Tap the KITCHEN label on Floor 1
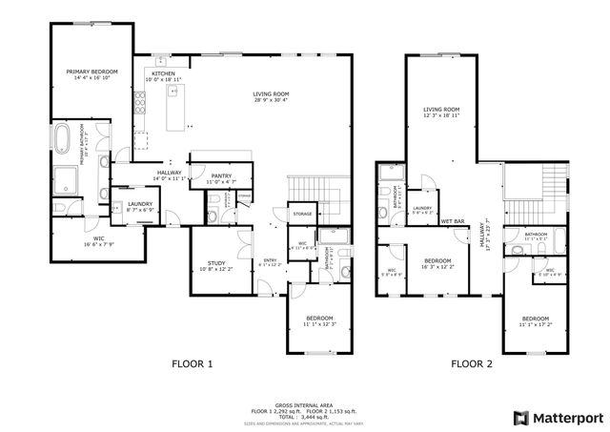coord(162,73)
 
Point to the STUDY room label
coord(215,263)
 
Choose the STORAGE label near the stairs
coord(303,214)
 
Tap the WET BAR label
coord(452,221)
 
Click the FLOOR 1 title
coord(193,363)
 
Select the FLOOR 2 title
coord(472,363)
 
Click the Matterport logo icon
coord(519,418)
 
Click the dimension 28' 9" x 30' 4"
coord(271,100)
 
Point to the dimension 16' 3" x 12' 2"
coord(437,266)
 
